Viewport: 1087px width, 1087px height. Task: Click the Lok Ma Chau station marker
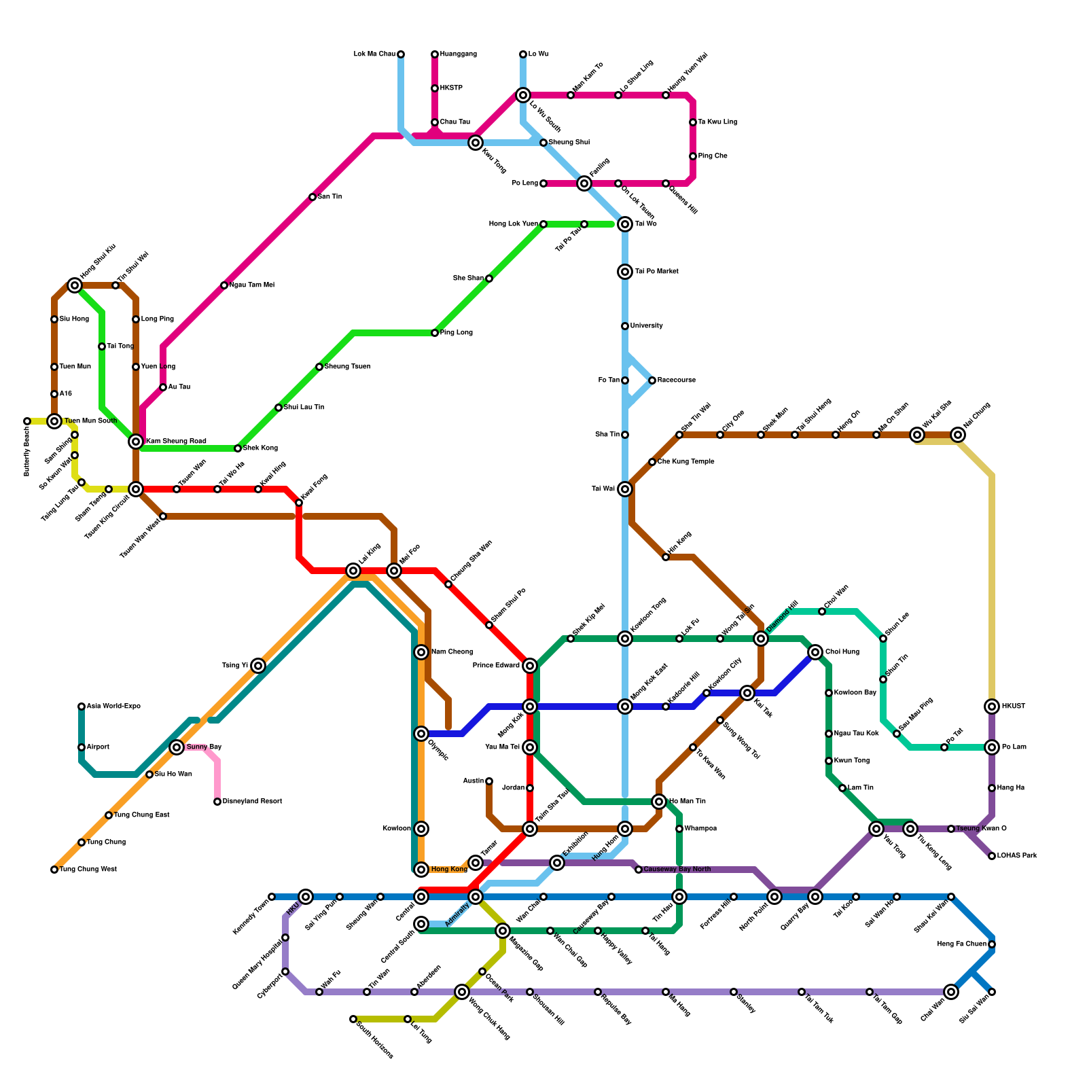point(401,54)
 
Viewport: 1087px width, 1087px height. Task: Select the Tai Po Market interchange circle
point(625,272)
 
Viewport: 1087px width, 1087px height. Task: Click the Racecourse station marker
point(652,380)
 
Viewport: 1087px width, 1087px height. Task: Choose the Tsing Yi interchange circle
point(258,666)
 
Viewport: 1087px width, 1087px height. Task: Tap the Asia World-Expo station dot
point(82,707)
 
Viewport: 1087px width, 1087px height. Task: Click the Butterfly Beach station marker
point(27,421)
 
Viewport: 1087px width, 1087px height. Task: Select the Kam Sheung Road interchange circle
point(136,442)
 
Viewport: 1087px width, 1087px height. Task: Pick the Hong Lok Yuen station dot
point(543,224)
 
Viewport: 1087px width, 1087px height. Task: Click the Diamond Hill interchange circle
point(761,639)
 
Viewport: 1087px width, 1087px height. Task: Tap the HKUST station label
point(1014,707)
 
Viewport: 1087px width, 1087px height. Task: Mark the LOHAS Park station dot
point(992,856)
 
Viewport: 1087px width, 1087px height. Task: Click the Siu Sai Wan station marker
point(992,992)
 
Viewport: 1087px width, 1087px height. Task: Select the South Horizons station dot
point(353,1019)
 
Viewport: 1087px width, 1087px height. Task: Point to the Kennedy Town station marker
point(272,897)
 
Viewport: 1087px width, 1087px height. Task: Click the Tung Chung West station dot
point(54,870)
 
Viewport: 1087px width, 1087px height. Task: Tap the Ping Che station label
point(713,156)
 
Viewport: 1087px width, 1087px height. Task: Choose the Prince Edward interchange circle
point(530,666)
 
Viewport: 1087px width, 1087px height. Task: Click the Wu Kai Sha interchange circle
point(917,435)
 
